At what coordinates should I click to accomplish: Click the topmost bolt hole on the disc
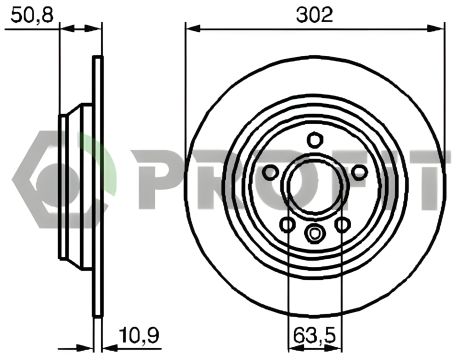pyautogui.click(x=314, y=139)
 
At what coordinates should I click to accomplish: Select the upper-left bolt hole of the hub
pyautogui.click(x=270, y=172)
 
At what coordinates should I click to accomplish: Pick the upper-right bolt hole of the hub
pyautogui.click(x=359, y=172)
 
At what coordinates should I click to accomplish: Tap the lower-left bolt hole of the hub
pyautogui.click(x=287, y=224)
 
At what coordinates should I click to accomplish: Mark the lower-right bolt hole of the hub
pyautogui.click(x=342, y=224)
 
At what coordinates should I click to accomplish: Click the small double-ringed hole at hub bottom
pyautogui.click(x=314, y=236)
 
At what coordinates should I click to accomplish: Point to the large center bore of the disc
pyautogui.click(x=314, y=186)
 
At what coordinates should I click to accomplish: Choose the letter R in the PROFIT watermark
pyautogui.click(x=205, y=181)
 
